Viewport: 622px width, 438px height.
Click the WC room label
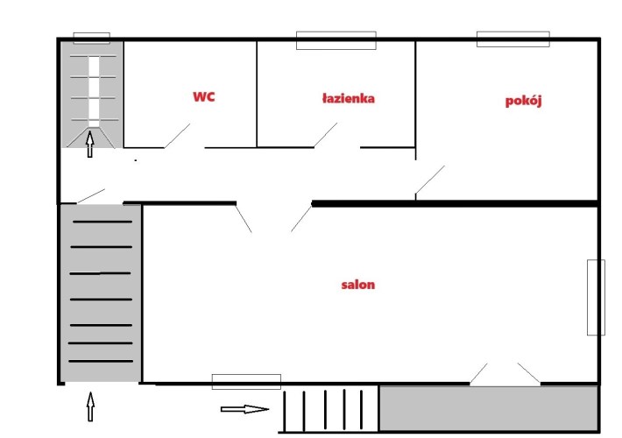click(x=204, y=96)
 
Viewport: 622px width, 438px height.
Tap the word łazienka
click(x=349, y=98)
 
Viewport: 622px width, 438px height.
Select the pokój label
click(x=523, y=101)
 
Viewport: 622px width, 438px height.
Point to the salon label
click(x=357, y=285)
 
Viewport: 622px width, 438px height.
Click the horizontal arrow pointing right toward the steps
click(x=244, y=409)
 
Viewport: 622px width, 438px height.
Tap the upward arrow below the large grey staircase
click(x=90, y=406)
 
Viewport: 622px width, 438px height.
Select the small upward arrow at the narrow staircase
click(x=90, y=144)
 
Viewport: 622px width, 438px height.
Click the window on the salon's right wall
click(x=596, y=298)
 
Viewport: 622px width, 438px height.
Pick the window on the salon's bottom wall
click(x=246, y=382)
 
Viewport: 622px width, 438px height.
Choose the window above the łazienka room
click(x=336, y=40)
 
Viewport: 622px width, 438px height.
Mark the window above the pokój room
click(x=512, y=39)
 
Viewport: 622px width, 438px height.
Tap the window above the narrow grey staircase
click(x=92, y=38)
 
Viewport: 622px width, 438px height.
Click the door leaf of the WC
click(x=177, y=136)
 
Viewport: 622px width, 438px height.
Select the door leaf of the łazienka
click(x=325, y=135)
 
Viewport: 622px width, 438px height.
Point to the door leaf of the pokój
click(x=429, y=180)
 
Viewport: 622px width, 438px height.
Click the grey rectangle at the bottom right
click(x=489, y=408)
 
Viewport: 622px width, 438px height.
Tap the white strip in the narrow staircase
click(x=94, y=92)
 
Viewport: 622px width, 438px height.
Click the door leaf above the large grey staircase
click(x=91, y=196)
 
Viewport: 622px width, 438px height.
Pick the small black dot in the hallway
click(x=136, y=160)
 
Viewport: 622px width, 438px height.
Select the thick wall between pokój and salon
click(x=455, y=204)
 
